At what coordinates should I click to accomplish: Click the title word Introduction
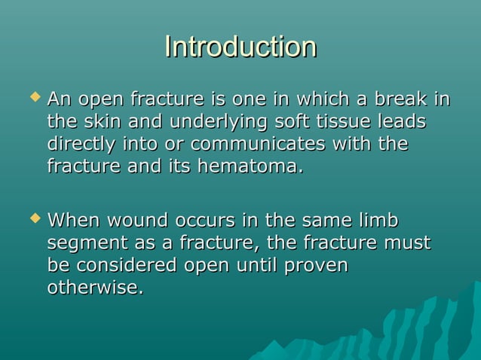coord(240,47)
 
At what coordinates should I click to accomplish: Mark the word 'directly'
coord(80,144)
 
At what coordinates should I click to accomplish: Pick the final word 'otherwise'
coord(93,288)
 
